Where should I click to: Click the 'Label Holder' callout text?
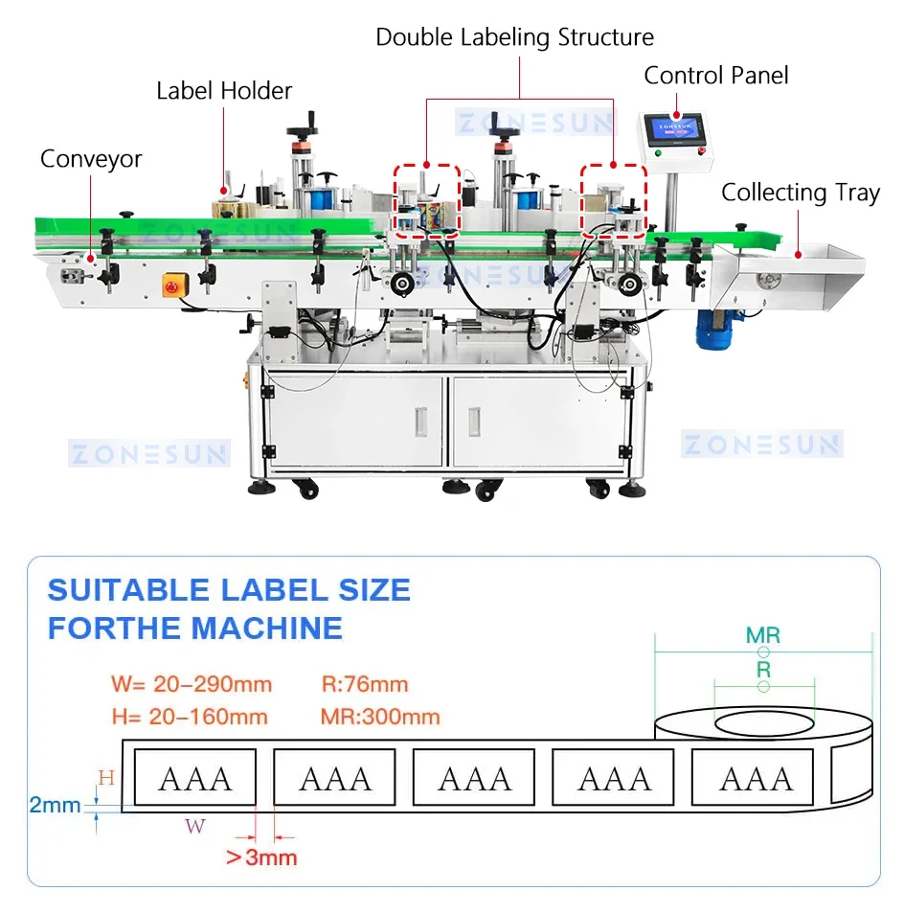pos(224,91)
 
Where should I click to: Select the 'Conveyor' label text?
pos(91,159)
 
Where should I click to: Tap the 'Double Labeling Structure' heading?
pos(514,37)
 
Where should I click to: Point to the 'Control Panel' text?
pos(716,76)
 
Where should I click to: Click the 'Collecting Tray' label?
pos(800,193)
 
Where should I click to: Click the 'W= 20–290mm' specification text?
pos(192,684)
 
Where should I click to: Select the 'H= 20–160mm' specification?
pos(190,717)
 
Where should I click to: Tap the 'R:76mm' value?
pos(365,684)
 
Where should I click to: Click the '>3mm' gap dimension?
pos(261,857)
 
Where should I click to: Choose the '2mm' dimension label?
pos(55,805)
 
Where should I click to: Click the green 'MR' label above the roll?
pos(763,634)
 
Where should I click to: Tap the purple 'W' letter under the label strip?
pos(195,826)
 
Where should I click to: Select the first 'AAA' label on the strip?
pos(195,778)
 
